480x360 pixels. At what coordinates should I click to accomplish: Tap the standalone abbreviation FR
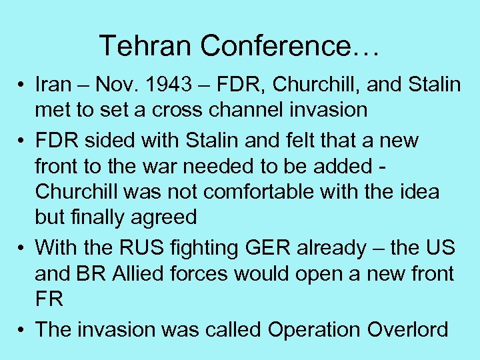pyautogui.click(x=49, y=299)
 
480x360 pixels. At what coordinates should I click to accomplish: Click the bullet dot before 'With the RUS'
pyautogui.click(x=22, y=249)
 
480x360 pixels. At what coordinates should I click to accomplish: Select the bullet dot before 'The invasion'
pyautogui.click(x=22, y=330)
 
